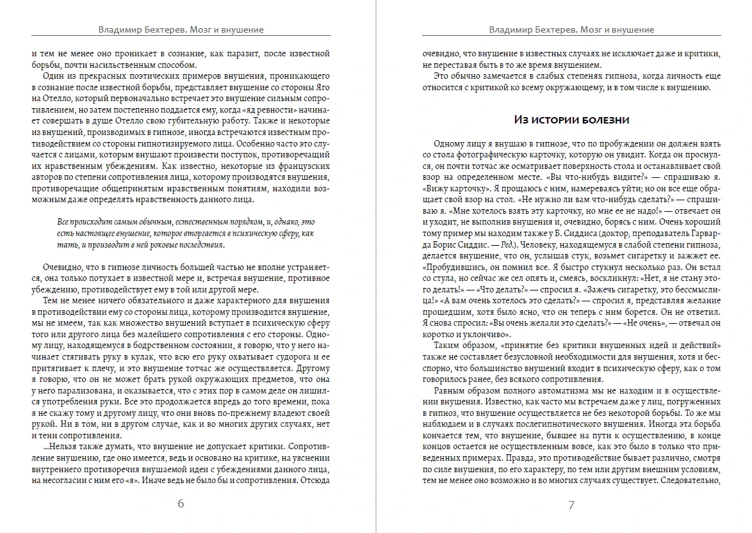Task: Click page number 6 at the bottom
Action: (x=181, y=504)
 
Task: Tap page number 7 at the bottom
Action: (x=571, y=504)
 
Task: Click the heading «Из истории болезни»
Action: (x=572, y=120)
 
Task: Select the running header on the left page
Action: (x=181, y=29)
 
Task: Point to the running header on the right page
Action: (x=571, y=29)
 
